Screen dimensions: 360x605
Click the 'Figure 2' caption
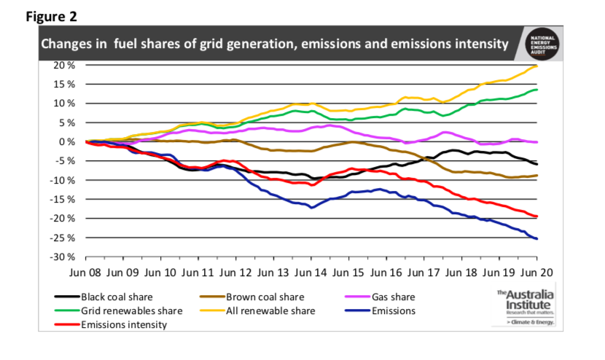click(x=51, y=15)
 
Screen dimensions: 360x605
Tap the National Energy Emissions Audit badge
click(x=543, y=43)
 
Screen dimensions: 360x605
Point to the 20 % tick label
click(x=66, y=65)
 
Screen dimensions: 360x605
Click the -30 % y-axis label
click(x=64, y=257)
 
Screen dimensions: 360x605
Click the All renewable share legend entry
click(x=270, y=311)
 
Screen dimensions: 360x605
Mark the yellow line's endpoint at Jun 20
click(x=537, y=66)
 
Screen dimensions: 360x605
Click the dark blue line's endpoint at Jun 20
click(x=537, y=238)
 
